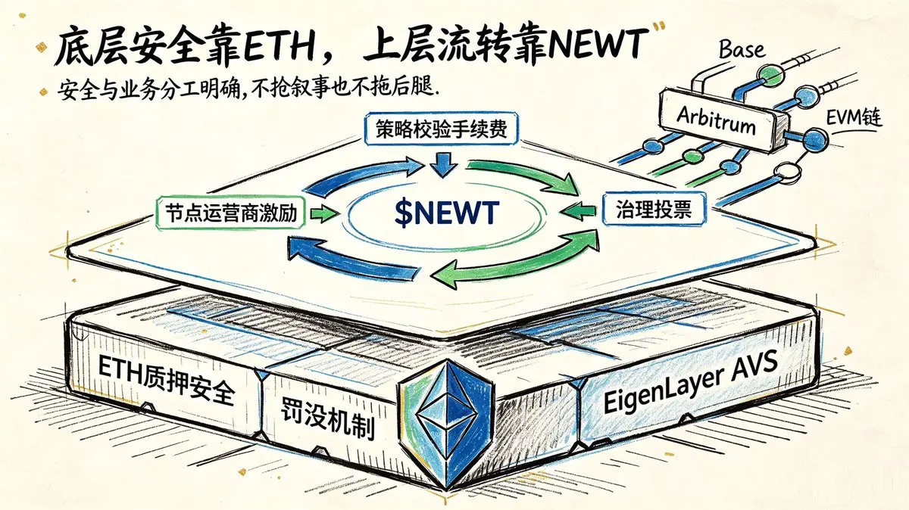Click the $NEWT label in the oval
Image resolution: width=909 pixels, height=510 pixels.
(x=446, y=212)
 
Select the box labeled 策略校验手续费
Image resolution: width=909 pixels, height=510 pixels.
(x=441, y=129)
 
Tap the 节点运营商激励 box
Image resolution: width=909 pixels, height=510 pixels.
(x=230, y=213)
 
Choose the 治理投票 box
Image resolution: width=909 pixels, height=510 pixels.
(x=654, y=209)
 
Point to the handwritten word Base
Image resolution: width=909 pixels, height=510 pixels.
(x=742, y=50)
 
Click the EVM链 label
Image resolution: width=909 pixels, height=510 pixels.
(x=854, y=119)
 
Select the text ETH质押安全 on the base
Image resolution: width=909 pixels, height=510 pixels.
(x=167, y=379)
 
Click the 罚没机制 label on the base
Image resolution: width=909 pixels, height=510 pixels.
(x=327, y=421)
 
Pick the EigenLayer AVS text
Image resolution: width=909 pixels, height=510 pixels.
(x=690, y=383)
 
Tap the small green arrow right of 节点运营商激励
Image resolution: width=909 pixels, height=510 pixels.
(x=325, y=213)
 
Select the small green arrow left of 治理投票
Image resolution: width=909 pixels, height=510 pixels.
(x=578, y=210)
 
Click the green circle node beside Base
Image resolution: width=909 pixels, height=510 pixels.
(x=771, y=75)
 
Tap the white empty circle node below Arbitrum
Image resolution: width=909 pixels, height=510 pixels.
(x=788, y=171)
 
